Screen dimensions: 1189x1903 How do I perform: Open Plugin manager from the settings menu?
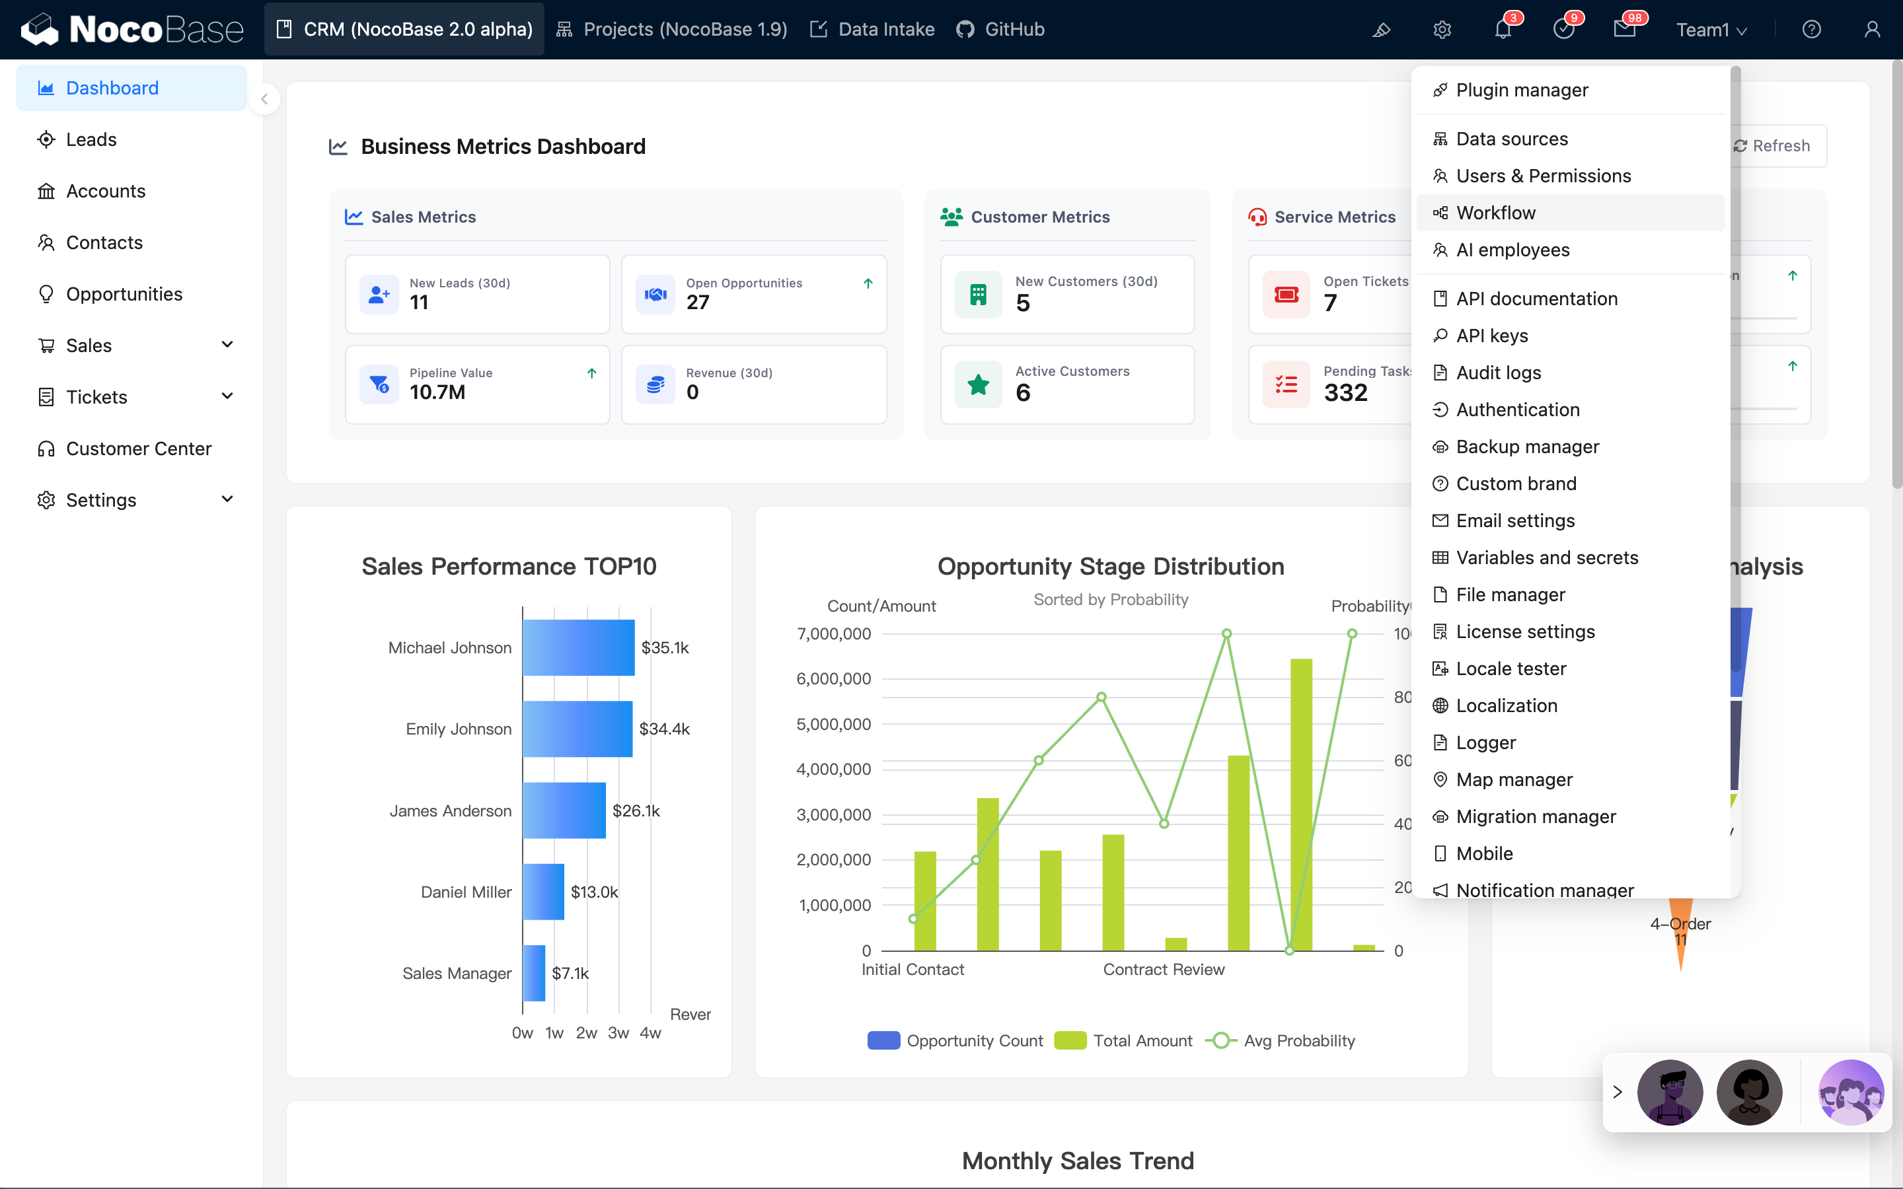1521,90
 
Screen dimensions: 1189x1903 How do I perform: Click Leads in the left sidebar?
91,140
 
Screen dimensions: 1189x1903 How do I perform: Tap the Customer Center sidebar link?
138,449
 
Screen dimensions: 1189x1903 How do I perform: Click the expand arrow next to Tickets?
227,396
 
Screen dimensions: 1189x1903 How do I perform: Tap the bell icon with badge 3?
1503,30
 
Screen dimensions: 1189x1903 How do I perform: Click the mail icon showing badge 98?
1624,30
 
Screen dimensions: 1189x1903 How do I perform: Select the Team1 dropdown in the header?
1710,30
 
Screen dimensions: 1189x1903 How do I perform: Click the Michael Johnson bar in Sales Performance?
578,648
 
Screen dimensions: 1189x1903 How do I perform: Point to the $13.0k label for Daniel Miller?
594,892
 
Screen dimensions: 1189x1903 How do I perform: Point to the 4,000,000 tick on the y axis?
833,770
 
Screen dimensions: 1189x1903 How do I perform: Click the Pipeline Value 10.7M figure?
437,392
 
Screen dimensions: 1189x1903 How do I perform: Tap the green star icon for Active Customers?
978,385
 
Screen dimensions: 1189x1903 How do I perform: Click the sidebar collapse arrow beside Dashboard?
264,99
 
